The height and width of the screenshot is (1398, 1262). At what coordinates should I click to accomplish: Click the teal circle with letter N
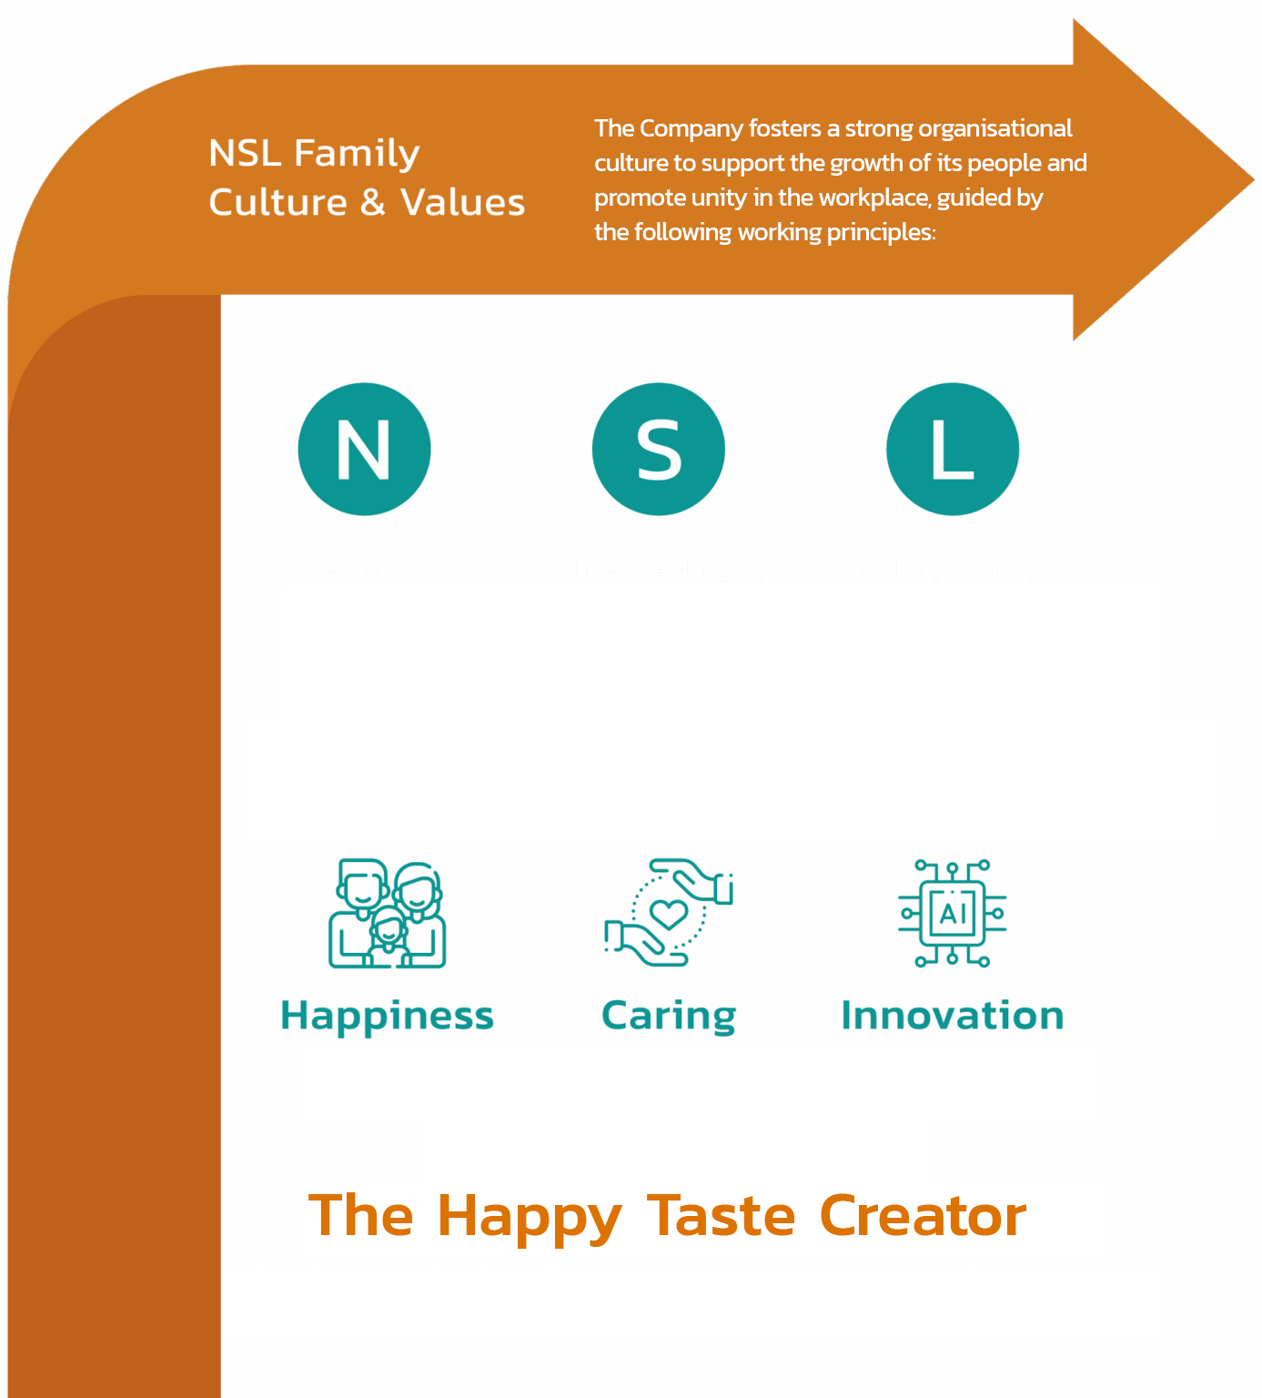364,450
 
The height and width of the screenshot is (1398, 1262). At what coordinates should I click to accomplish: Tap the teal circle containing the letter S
659,450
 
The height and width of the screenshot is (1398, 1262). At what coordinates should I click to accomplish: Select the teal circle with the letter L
953,450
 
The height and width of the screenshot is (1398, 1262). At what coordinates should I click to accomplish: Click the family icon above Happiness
388,913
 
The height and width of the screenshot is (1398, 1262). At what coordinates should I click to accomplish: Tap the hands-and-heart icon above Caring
669,912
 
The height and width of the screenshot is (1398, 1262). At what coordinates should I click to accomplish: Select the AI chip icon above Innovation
953,913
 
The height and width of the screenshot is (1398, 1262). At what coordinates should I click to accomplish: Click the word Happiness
388,1016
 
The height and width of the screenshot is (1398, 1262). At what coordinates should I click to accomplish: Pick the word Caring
669,1016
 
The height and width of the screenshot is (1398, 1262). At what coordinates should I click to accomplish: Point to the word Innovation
953,1016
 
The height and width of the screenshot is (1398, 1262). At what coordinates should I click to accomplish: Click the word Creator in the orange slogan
923,1216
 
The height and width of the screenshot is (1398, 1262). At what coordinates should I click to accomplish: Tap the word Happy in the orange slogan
530,1218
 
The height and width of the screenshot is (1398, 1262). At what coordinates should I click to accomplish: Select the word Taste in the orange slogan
721,1216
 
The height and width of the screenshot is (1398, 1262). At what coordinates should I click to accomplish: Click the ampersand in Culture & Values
373,203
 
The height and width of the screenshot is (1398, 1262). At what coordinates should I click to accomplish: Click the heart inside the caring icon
670,912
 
